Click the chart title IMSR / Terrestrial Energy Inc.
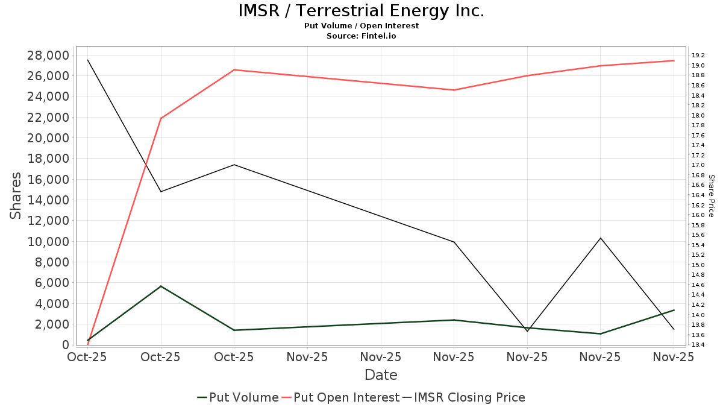pyautogui.click(x=361, y=11)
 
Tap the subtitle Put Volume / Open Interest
pyautogui.click(x=361, y=26)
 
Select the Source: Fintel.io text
pyautogui.click(x=361, y=36)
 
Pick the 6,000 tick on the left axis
pyautogui.click(x=52, y=283)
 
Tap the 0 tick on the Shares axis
pyautogui.click(x=65, y=345)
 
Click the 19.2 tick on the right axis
pyautogui.click(x=699, y=55)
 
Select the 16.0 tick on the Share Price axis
pyautogui.click(x=699, y=215)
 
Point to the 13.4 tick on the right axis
pyautogui.click(x=699, y=345)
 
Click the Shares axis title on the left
pyautogui.click(x=16, y=196)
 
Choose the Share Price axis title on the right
pyautogui.click(x=711, y=196)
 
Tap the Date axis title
pyautogui.click(x=381, y=375)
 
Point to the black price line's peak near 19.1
pyautogui.click(x=87, y=60)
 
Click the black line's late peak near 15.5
pyautogui.click(x=601, y=238)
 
